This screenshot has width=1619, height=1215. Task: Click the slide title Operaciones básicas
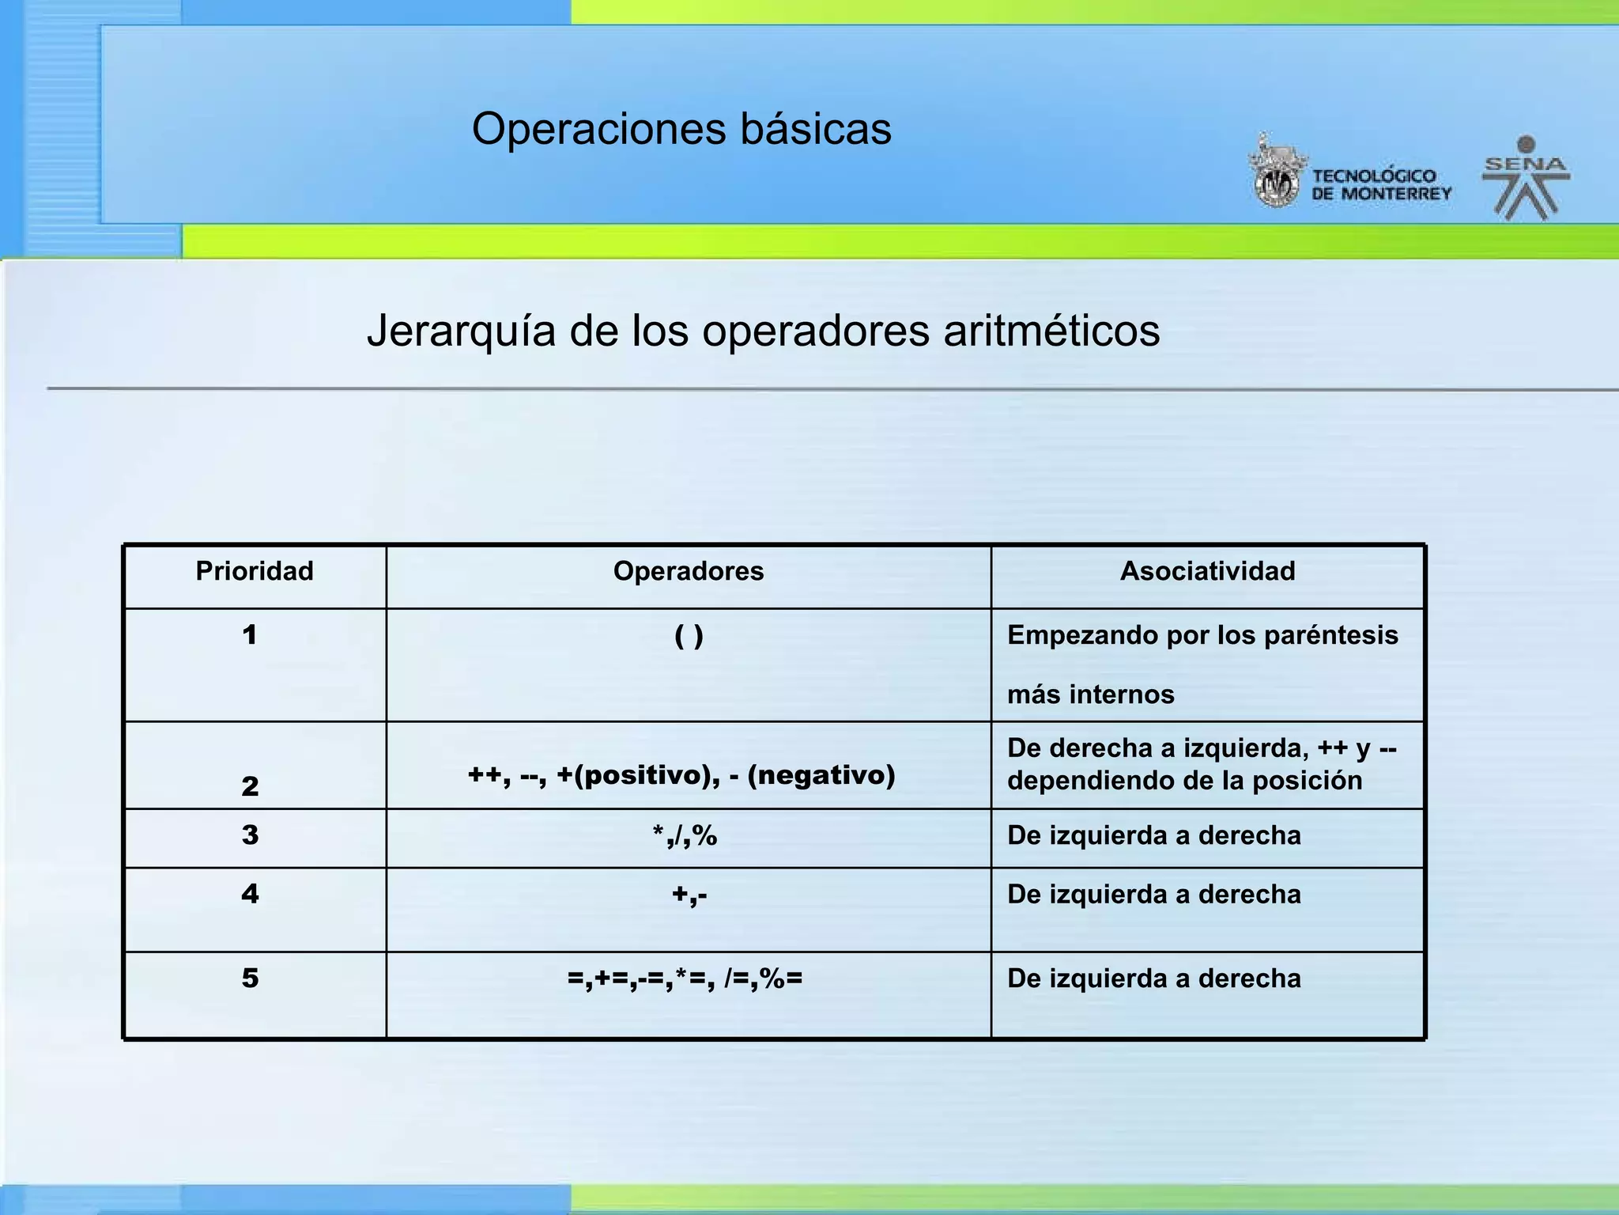[681, 129]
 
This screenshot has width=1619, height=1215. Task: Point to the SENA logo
[1526, 179]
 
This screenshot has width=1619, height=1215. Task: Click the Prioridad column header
[255, 571]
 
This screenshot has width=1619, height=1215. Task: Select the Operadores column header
[689, 571]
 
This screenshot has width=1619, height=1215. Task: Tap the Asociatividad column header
[1207, 571]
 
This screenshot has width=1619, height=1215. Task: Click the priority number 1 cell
[250, 635]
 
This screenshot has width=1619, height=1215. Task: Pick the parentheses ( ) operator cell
[689, 636]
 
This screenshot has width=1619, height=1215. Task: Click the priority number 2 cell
[250, 786]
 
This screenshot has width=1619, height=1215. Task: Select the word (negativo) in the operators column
[821, 775]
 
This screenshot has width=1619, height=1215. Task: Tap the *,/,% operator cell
[685, 836]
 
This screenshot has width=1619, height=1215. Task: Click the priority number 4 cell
[250, 895]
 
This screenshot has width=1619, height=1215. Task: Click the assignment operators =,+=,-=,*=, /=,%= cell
[685, 979]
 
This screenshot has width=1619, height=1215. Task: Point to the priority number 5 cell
[250, 979]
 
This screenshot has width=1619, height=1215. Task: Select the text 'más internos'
[1090, 695]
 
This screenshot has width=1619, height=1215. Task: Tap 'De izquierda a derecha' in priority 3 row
[1153, 836]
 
